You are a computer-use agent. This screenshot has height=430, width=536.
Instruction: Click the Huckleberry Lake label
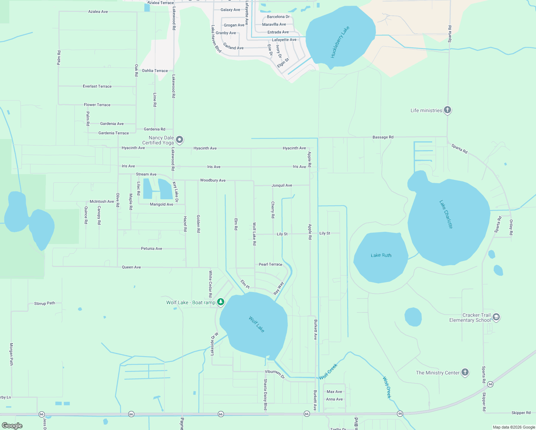coord(340,42)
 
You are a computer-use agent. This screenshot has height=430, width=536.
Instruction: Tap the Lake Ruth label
coord(381,255)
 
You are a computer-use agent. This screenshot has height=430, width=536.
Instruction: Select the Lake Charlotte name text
coord(446,214)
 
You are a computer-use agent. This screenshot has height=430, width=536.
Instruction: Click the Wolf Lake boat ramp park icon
coord(221,302)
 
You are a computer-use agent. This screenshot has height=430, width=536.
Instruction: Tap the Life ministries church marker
coord(447,110)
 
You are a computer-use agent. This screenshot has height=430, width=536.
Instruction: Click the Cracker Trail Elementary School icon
coord(496,317)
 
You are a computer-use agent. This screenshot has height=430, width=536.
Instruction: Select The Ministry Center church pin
coord(465,372)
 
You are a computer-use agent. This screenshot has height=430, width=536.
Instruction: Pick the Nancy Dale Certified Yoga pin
coord(180,139)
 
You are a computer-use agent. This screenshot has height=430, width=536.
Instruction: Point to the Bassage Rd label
coord(383,137)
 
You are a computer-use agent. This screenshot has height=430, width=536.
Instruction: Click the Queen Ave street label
coord(131,267)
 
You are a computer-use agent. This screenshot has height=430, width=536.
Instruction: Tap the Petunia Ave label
coord(151,248)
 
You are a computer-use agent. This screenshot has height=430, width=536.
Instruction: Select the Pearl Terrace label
coord(270,264)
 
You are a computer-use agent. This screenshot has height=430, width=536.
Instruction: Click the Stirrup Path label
coord(45,303)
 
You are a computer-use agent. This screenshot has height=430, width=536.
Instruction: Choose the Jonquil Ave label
coord(282,185)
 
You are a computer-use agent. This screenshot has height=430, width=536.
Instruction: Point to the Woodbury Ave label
coord(212,180)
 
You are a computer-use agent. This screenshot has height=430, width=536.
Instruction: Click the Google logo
coord(12,425)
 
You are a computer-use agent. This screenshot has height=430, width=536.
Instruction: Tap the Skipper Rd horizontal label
coord(521,413)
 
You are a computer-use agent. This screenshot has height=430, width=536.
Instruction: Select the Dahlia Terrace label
coord(155,71)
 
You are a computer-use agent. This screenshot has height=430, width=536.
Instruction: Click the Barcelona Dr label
coord(278,17)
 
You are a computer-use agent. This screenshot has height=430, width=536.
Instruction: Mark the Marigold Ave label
coord(161,204)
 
